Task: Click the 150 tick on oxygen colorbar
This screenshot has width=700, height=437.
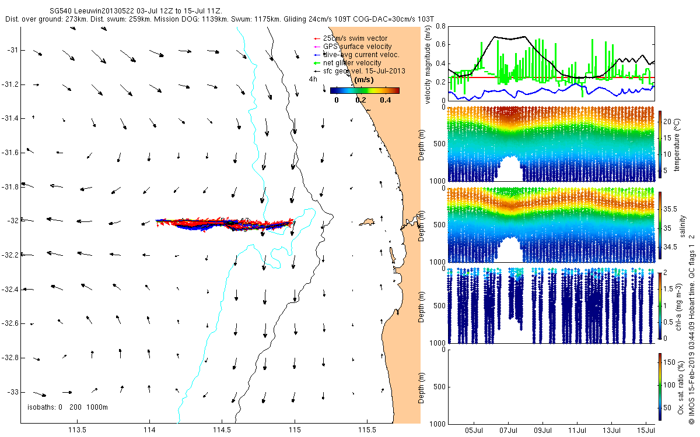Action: click(x=671, y=362)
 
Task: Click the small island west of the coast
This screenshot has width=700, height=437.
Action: click(x=367, y=221)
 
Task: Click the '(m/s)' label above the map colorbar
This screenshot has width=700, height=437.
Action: click(x=365, y=79)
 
